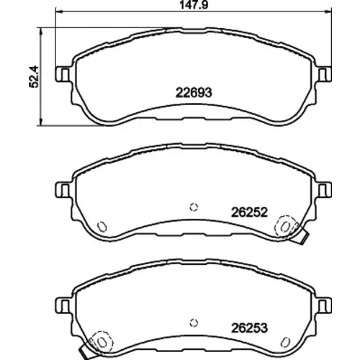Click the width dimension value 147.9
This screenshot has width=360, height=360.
point(194,5)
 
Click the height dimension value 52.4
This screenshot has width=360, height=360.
point(34,76)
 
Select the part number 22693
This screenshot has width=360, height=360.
point(194,93)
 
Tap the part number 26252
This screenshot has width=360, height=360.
point(249,212)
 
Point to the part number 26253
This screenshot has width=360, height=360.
point(249,328)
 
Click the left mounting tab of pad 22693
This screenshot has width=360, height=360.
point(63,74)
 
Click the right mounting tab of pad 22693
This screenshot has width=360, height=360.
point(325,74)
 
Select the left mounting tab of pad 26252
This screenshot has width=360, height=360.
point(63,189)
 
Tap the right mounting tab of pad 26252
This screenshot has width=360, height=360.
point(325,189)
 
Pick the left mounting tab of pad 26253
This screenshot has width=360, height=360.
point(63,305)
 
